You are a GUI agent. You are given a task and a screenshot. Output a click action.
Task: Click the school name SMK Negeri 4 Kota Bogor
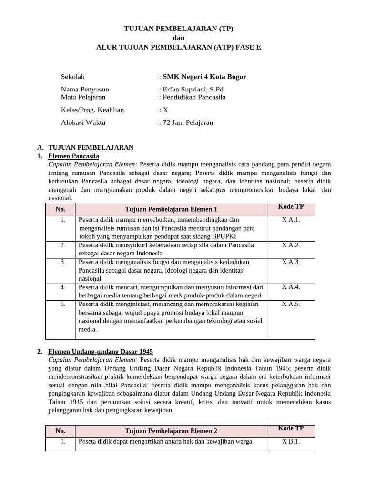(204, 77)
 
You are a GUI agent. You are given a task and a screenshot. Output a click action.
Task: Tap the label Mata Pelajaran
(83, 97)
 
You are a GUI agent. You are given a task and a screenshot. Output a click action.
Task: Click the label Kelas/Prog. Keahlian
(92, 110)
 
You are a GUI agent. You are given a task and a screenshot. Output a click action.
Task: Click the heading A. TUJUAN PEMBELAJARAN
(91, 147)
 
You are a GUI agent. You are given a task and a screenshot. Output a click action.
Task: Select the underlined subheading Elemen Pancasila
(74, 156)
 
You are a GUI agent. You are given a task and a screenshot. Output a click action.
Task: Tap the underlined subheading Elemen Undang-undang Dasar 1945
(101, 352)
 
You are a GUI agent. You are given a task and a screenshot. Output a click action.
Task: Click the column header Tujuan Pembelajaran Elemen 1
(171, 209)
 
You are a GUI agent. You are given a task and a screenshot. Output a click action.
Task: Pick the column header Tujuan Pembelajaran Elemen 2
(171, 431)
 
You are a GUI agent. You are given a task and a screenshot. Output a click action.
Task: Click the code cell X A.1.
(291, 220)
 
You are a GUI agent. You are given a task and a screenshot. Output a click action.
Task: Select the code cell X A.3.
(291, 262)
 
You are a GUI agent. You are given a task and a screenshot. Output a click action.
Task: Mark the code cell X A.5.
(291, 304)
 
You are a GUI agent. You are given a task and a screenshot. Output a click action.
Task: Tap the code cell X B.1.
(291, 441)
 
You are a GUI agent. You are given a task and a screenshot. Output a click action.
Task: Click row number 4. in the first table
(63, 287)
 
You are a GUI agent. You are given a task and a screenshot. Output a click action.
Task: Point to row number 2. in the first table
(63, 245)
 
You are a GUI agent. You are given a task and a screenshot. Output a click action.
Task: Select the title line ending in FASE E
(179, 47)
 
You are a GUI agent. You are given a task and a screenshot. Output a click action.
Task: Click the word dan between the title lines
(178, 38)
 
